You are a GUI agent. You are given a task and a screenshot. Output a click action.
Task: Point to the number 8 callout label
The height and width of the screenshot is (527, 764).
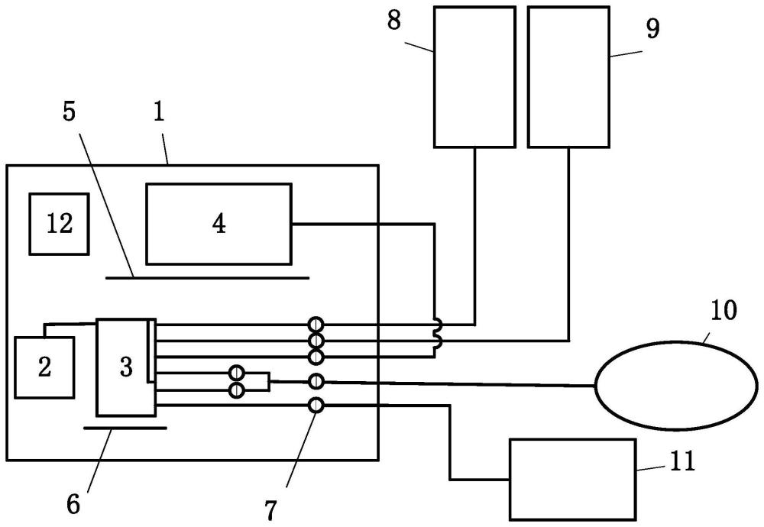pos(394,21)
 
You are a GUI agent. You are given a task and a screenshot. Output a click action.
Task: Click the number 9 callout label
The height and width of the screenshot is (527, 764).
pos(653,28)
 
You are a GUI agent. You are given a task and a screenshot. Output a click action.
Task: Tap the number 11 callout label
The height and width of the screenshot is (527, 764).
pos(682,461)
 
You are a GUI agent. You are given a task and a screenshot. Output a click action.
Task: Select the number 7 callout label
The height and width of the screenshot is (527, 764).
pos(271,510)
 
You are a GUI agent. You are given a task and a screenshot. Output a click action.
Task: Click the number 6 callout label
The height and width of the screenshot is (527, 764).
pos(73,505)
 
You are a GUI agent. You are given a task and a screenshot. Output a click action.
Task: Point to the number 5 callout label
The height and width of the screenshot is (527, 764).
pos(70,112)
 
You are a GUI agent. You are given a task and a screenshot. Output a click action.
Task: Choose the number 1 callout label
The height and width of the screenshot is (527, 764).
pos(160,112)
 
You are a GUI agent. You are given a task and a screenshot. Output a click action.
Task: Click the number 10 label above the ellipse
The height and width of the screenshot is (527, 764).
pos(724,310)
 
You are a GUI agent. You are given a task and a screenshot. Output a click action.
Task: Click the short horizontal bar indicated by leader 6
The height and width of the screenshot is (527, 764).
pos(125,428)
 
